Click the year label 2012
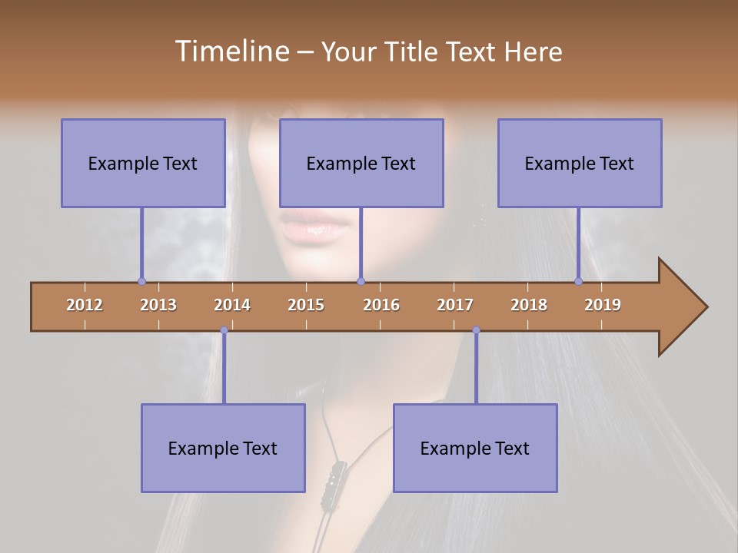pos(85,305)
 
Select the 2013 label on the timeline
pos(158,305)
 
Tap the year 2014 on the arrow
pos(232,305)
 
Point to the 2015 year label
pos(306,305)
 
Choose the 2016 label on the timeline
pos(381,305)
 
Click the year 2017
pos(455,305)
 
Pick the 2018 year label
pos(529,305)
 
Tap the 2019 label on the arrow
pos(603,305)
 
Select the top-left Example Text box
pos(143,163)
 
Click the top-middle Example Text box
pos(361,163)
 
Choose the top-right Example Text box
pos(580,163)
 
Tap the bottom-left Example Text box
pos(223,448)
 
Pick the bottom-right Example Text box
pos(475,448)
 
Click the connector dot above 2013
pos(141,281)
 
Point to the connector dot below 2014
pos(224,330)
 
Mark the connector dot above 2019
pos(578,281)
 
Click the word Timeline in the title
pos(231,51)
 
